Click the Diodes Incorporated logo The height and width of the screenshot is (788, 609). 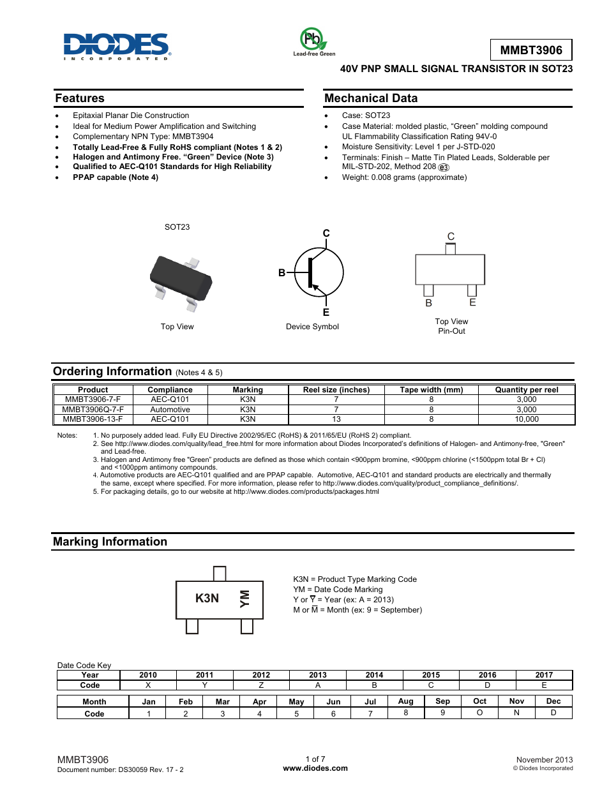116,46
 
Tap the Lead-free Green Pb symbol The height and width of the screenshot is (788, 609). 313,40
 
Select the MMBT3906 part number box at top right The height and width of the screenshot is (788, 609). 531,50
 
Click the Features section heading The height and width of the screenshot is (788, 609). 80,98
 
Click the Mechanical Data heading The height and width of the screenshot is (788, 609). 371,98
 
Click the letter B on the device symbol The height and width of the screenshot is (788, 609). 282,272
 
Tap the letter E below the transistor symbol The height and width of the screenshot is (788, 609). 326,312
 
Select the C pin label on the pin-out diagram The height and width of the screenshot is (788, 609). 451,236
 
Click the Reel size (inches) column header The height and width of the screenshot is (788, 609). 336,390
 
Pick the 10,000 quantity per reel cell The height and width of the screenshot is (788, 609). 527,419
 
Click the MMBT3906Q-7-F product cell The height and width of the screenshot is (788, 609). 93,410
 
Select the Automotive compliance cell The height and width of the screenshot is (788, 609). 170,410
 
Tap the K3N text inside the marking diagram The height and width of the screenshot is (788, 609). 207,598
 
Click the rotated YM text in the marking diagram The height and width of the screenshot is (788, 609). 244,598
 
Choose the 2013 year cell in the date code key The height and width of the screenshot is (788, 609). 318,675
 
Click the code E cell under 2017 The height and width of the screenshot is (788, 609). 544,685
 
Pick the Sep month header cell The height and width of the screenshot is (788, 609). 442,701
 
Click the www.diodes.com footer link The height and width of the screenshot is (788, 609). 315,768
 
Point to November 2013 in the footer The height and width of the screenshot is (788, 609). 545,760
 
